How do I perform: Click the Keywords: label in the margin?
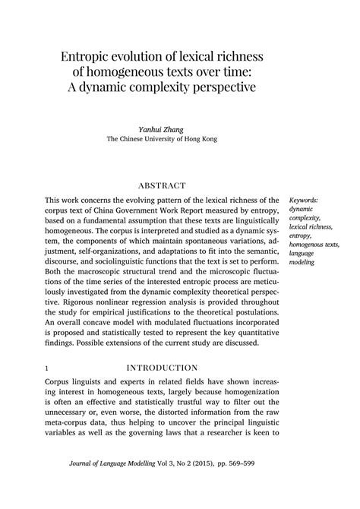(x=304, y=201)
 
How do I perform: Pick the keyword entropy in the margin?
(x=301, y=236)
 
